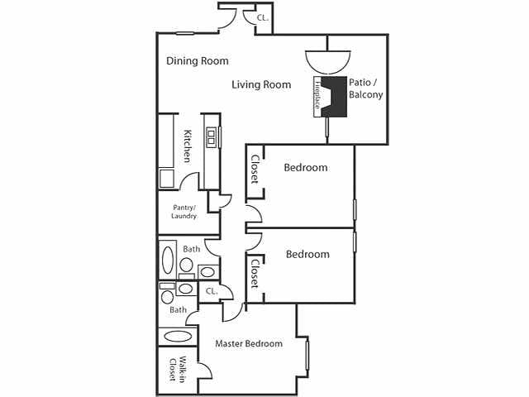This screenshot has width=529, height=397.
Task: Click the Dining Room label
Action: click(197, 61)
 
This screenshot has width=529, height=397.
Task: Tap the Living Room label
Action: click(261, 84)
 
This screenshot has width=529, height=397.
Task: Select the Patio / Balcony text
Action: click(365, 88)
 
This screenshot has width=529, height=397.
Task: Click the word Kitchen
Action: click(188, 146)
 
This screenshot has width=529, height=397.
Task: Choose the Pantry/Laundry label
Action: click(183, 212)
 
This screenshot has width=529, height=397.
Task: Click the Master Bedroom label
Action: click(249, 343)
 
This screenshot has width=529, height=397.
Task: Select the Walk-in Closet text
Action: click(174, 370)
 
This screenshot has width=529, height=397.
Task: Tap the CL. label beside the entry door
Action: click(262, 17)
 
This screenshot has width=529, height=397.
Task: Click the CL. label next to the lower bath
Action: click(211, 291)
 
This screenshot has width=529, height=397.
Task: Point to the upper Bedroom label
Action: click(305, 168)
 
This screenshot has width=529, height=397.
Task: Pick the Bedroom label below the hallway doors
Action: click(307, 255)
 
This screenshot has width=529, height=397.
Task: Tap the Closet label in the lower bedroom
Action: click(255, 273)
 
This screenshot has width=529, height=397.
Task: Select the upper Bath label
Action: click(191, 249)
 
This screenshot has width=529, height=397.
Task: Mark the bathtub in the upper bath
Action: click(168, 260)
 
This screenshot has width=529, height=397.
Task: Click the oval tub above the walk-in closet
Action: click(177, 337)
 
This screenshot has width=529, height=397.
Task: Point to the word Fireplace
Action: click(317, 98)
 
